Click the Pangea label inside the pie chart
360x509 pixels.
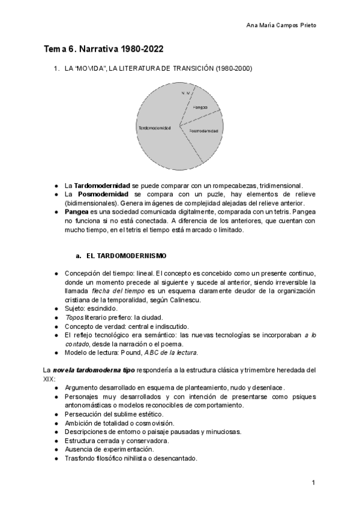pos(200,107)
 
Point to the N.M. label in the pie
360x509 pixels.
pos(186,93)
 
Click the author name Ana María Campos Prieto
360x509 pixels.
pos(282,25)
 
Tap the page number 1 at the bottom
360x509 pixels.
pos(313,483)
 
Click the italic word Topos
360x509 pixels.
pos(74,317)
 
